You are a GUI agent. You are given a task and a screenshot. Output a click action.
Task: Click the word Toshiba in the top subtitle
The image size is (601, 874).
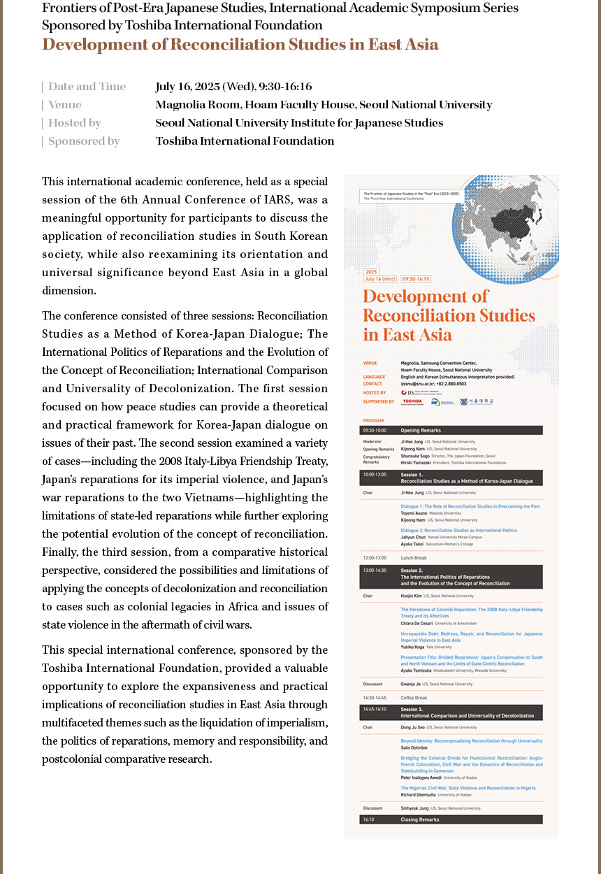146,26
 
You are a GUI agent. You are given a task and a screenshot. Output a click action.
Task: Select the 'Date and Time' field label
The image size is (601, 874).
87,87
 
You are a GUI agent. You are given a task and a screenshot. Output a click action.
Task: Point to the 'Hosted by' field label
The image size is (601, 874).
74,123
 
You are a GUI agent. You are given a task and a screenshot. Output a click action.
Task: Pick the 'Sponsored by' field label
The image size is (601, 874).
84,141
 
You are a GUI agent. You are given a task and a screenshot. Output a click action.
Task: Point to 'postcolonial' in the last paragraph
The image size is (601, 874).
71,759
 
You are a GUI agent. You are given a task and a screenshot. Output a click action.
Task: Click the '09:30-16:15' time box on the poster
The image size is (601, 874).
417,278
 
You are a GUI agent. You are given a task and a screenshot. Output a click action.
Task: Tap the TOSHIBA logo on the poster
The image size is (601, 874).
412,401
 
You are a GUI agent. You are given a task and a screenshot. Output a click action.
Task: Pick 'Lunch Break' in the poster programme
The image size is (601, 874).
414,558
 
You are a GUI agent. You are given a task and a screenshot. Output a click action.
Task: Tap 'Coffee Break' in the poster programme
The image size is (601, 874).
414,698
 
